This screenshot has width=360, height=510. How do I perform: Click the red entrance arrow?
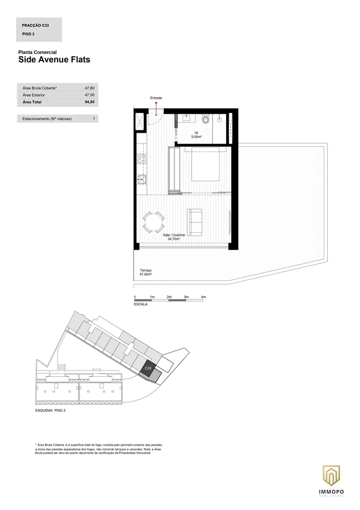(156, 109)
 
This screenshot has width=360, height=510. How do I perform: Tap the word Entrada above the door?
(156, 98)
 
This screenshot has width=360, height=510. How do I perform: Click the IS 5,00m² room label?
(196, 135)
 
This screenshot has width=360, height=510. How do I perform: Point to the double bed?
(205, 164)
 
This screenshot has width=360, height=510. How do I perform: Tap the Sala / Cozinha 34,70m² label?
(174, 237)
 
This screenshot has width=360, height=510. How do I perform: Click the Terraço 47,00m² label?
(146, 272)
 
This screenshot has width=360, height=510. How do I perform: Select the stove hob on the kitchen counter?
(142, 158)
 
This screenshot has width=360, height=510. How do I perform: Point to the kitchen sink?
(142, 179)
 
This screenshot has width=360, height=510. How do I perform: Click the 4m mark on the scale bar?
(203, 297)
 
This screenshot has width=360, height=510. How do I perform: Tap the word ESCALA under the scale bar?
(141, 305)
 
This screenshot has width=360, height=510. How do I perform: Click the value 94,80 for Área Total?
(90, 102)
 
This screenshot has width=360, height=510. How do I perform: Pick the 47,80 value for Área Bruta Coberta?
(90, 88)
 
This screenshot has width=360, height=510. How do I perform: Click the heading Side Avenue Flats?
(54, 59)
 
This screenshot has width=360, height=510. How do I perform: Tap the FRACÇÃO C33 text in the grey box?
(35, 25)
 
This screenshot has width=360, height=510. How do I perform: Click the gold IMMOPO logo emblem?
(331, 476)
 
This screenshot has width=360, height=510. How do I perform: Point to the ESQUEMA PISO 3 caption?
(50, 410)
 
